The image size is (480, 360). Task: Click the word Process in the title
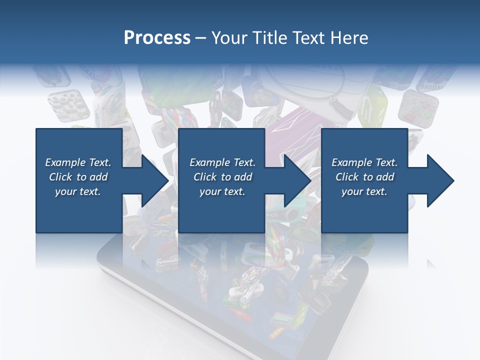tap(157, 37)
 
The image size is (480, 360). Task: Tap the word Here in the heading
tap(350, 37)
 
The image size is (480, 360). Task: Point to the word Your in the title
tap(229, 37)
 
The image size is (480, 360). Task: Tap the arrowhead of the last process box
tap(438, 180)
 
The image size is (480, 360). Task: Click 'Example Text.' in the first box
tap(78, 162)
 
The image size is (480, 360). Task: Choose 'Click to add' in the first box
tap(78, 177)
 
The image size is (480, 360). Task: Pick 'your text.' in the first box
tap(78, 191)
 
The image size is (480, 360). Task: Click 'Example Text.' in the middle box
tap(222, 162)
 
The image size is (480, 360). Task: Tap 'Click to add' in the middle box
tap(222, 177)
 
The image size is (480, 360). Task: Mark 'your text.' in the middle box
tap(222, 191)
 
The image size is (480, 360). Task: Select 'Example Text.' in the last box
tap(364, 162)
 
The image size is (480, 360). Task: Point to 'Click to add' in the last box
tap(364, 177)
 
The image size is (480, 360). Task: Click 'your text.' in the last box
tap(364, 191)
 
